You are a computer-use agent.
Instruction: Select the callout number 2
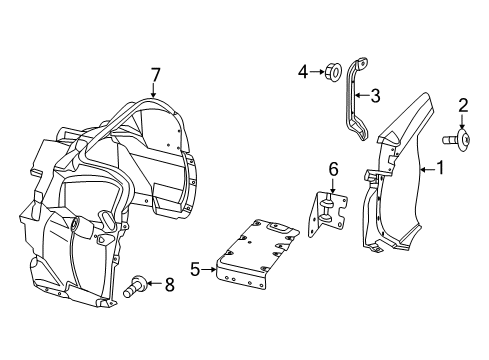coord(463,105)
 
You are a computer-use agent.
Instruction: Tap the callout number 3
coord(376,96)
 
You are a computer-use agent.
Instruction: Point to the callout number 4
coord(303,71)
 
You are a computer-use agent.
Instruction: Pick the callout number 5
coord(195,268)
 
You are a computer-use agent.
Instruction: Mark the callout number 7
coord(155,73)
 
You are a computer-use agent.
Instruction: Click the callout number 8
coord(169,285)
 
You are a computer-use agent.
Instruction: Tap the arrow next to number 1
coord(424,169)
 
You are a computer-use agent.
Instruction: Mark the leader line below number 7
coord(155,90)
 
